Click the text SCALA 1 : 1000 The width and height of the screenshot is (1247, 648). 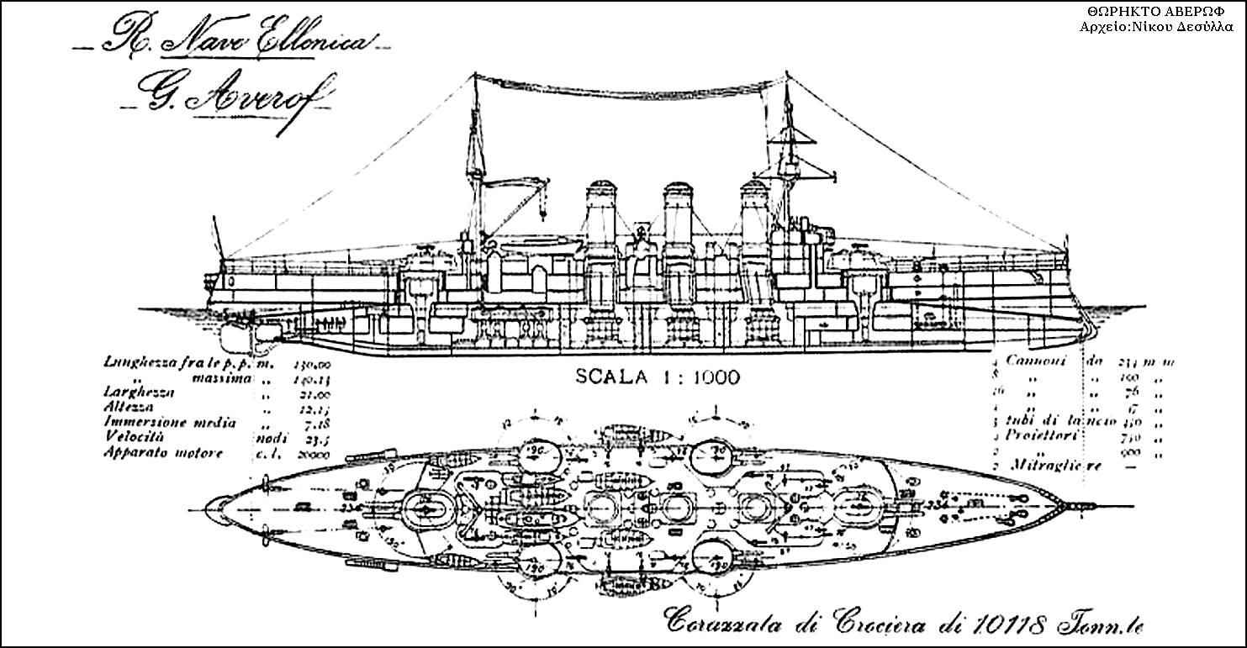(658, 377)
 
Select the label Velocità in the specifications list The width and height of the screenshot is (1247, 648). (135, 438)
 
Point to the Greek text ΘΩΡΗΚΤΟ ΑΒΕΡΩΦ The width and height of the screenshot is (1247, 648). (1162, 12)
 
